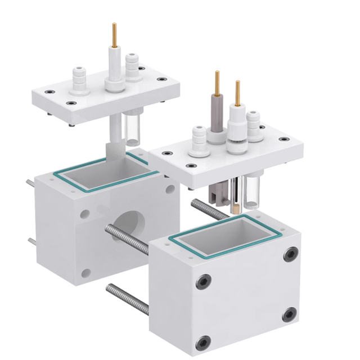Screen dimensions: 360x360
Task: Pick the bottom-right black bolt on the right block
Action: pyautogui.click(x=289, y=314)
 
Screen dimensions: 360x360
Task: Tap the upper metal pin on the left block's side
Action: pyautogui.click(x=30, y=182)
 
